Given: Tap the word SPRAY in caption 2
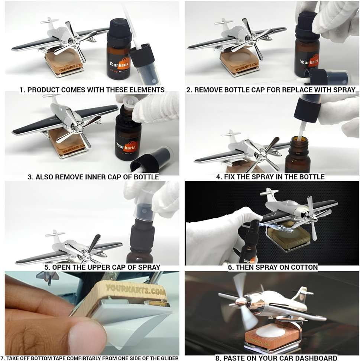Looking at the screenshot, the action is pos(344,90).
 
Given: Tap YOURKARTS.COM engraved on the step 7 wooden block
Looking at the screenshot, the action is pos(136,289).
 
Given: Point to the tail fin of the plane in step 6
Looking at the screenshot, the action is pos(268,192).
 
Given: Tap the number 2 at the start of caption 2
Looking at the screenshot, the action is pos(189,90).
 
